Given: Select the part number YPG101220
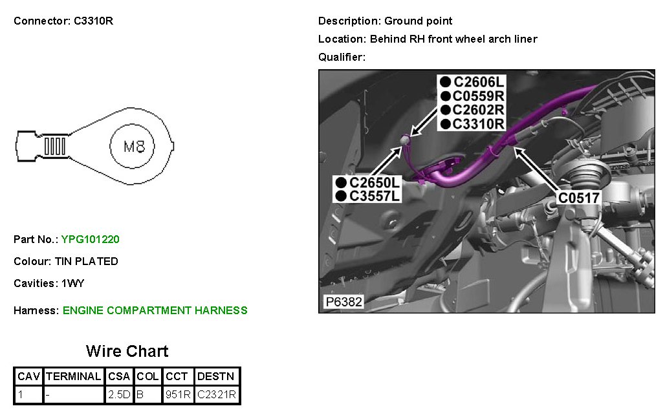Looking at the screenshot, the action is click(x=90, y=239).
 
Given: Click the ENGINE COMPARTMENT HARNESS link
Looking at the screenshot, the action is click(x=155, y=310).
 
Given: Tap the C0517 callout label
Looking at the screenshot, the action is click(x=580, y=198).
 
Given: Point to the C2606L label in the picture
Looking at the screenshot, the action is click(x=479, y=82).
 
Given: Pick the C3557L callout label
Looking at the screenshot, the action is click(x=375, y=196).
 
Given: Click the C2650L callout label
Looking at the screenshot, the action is click(x=375, y=183).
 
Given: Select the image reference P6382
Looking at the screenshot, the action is click(x=343, y=302).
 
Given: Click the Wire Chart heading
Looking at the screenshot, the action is click(x=127, y=351).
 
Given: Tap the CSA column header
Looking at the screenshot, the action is click(x=119, y=376).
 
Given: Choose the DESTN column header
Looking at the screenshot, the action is click(x=217, y=376).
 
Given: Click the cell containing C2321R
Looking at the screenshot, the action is click(x=217, y=394).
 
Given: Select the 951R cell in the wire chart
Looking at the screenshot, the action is click(x=178, y=394).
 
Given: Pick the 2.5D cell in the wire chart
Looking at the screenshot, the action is click(x=119, y=394).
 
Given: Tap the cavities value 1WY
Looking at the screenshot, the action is click(x=73, y=283).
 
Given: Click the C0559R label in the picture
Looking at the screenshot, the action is click(x=479, y=96).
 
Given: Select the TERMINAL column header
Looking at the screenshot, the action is click(x=74, y=376).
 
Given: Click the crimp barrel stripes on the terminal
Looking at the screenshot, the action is click(x=55, y=146).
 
